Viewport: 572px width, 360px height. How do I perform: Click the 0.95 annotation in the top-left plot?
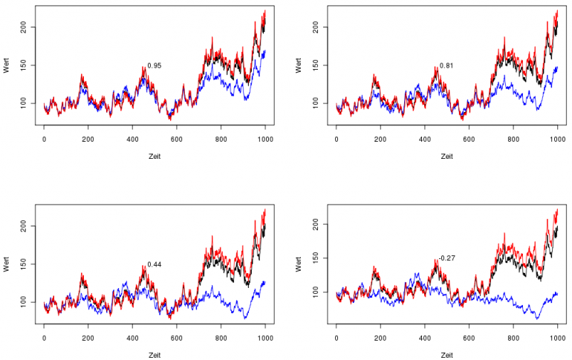click(155, 66)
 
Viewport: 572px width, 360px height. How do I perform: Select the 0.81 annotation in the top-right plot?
click(446, 66)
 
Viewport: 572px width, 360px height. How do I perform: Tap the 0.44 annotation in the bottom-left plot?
click(155, 264)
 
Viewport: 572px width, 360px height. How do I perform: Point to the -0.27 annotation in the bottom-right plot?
click(446, 258)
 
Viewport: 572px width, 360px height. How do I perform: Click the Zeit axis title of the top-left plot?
click(155, 157)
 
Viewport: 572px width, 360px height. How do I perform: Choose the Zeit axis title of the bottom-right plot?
click(446, 355)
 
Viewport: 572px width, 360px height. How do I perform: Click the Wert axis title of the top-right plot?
click(299, 65)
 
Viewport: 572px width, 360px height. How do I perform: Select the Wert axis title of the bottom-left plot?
click(7, 264)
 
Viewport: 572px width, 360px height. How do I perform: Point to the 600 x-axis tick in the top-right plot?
click(469, 139)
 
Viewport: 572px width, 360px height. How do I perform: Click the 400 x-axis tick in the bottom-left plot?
click(132, 337)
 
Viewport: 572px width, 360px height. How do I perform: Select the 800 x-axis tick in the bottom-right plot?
click(513, 337)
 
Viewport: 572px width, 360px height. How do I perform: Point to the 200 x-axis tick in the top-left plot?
click(88, 139)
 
